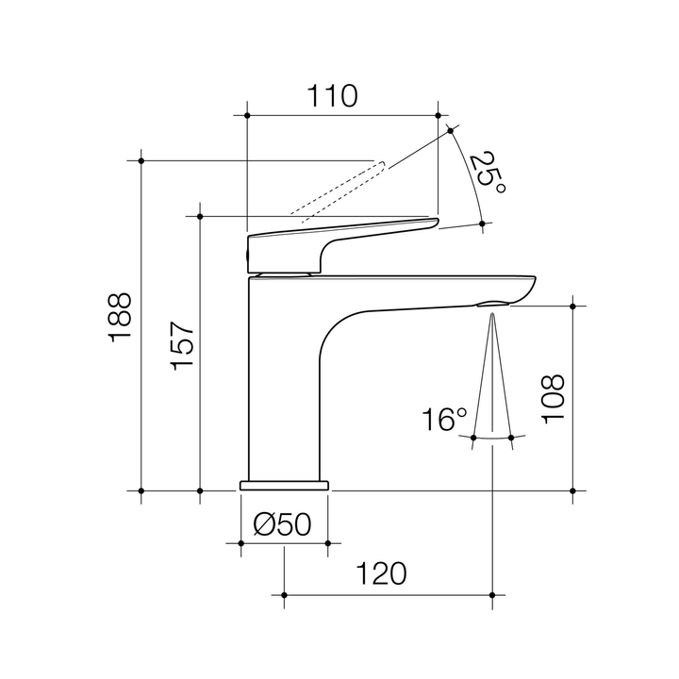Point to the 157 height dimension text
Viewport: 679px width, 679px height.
pos(182,345)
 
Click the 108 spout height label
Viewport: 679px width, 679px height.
pos(554,400)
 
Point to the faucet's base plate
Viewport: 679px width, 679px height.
pos(284,485)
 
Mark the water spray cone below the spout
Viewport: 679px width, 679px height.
pos(493,377)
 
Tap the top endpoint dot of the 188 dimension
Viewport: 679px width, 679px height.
pos(141,161)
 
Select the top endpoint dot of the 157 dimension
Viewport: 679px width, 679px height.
pos(200,216)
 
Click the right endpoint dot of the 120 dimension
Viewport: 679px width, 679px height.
pos(493,594)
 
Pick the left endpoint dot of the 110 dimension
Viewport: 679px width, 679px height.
pos(246,116)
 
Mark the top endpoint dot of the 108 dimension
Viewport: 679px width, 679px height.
pos(572,306)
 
